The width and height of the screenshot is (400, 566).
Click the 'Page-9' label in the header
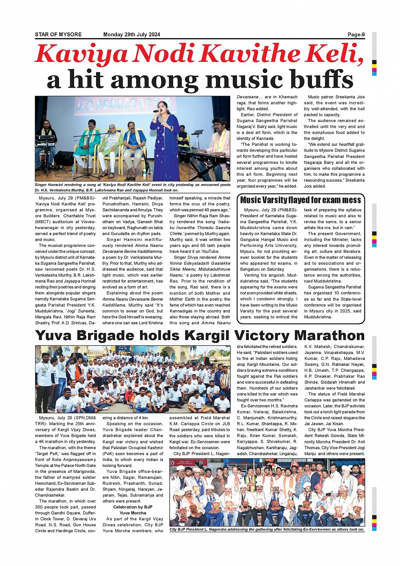click(x=356, y=35)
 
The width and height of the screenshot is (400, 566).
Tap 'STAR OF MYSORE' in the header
click(x=58, y=35)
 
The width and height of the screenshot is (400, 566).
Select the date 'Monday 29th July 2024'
click(x=132, y=35)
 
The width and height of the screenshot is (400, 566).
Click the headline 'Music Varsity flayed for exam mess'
click(x=301, y=200)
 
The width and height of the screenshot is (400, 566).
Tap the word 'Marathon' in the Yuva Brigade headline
click(x=329, y=336)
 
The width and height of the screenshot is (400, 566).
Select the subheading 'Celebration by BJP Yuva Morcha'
click(x=132, y=510)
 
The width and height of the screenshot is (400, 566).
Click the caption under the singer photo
click(x=132, y=188)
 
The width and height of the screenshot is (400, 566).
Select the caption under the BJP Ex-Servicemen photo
click(x=266, y=529)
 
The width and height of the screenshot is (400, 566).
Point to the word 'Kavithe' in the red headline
click(x=253, y=54)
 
